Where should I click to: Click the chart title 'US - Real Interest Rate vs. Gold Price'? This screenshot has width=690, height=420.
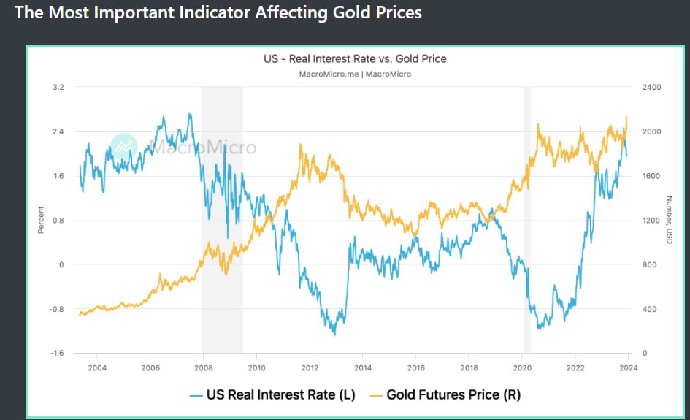[x=355, y=58]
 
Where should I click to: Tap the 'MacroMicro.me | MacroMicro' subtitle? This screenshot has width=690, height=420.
[x=355, y=75]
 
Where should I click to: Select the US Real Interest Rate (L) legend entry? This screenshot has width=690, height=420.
[x=272, y=395]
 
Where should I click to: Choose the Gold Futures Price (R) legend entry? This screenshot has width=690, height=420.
[x=444, y=395]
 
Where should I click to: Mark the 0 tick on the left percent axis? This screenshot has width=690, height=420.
[x=62, y=265]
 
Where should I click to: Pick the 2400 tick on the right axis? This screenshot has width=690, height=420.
[x=651, y=88]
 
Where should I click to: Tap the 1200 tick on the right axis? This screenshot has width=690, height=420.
[x=651, y=221]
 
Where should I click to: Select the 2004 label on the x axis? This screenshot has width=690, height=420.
[x=97, y=367]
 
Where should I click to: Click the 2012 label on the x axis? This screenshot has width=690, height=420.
[x=310, y=367]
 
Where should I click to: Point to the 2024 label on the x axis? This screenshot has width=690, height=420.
[x=629, y=367]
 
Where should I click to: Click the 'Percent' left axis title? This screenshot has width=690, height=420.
[x=41, y=220]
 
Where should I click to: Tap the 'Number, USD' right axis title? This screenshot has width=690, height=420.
[x=669, y=220]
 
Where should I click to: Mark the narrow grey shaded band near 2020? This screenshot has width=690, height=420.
[x=527, y=219]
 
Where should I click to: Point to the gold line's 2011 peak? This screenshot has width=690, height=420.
[x=302, y=145]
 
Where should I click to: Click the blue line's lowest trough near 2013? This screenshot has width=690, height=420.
[x=334, y=334]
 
